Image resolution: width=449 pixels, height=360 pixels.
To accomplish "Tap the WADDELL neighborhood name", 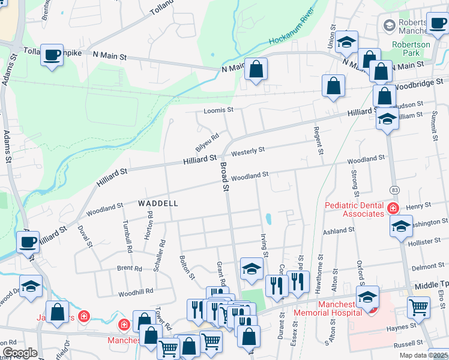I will coord(158,203).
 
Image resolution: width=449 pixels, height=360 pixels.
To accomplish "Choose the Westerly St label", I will coord(248,151).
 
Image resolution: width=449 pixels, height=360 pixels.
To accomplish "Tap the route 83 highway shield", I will coord(394,190).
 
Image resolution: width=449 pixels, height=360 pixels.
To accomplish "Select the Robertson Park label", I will coord(411,49).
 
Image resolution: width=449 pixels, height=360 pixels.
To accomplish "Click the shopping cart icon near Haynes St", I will coord(418,307).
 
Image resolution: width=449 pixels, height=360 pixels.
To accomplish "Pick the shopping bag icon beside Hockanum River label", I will coord(256,69).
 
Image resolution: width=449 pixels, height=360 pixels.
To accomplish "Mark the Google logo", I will coord(20,352).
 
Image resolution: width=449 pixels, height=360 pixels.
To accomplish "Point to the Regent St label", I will coord(318,141).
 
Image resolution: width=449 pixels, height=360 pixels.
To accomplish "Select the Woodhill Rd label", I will coord(136,291).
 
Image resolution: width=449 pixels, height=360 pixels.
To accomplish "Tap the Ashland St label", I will coord(339,230).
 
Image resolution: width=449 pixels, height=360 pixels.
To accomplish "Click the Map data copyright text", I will coord(422,355).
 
